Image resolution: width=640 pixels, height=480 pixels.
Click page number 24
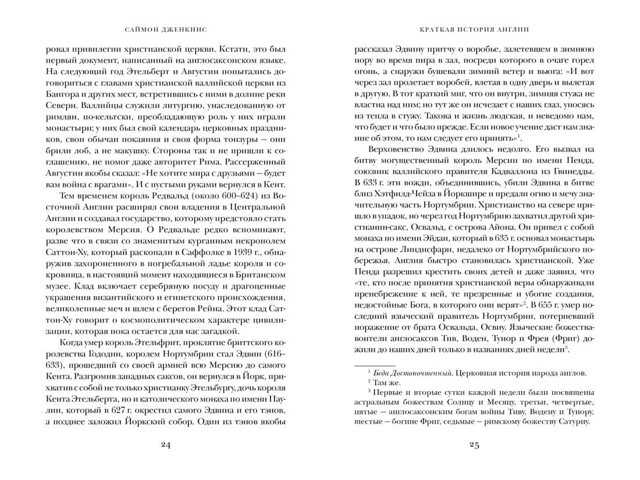[165, 446]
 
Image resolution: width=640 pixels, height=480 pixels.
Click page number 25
[474, 446]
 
